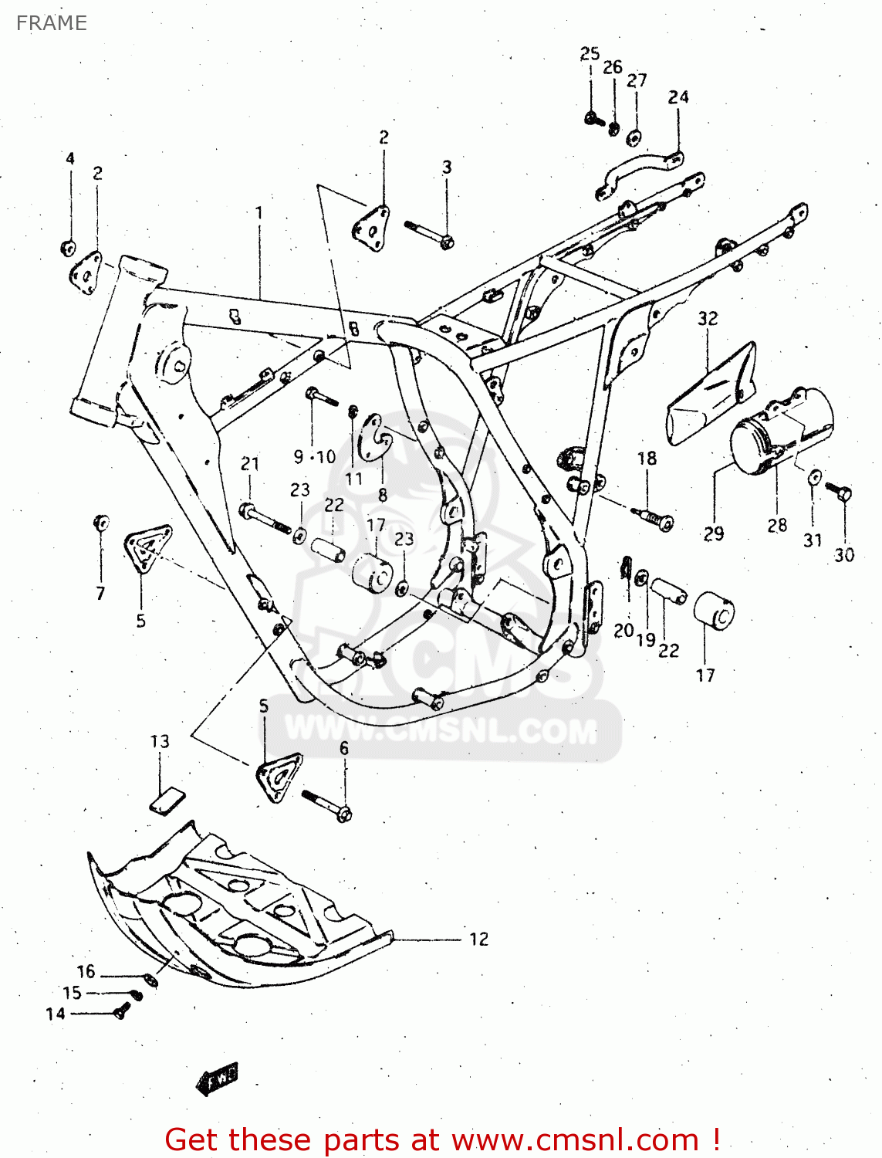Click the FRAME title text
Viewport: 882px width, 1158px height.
[51, 23]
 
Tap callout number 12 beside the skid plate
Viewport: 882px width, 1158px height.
[478, 939]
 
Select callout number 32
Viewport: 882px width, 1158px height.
[708, 318]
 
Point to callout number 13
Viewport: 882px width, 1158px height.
[160, 741]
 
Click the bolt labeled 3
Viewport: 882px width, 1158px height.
[429, 233]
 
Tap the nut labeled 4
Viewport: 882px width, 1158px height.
[68, 248]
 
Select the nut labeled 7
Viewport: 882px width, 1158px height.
[100, 523]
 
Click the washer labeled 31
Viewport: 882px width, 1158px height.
[814, 477]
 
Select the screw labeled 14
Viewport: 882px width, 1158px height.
[120, 1011]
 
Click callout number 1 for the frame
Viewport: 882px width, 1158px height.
[259, 212]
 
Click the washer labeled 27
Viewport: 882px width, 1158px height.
[634, 137]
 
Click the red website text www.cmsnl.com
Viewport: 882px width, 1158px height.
[574, 1139]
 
